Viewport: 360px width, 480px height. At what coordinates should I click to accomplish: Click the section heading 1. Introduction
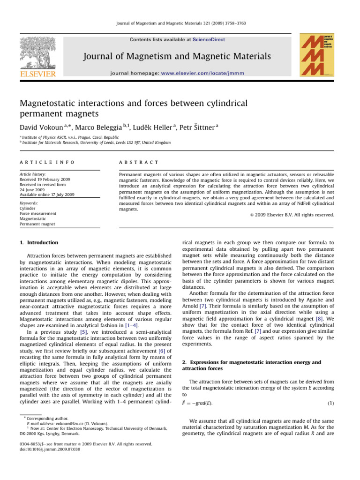38,242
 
